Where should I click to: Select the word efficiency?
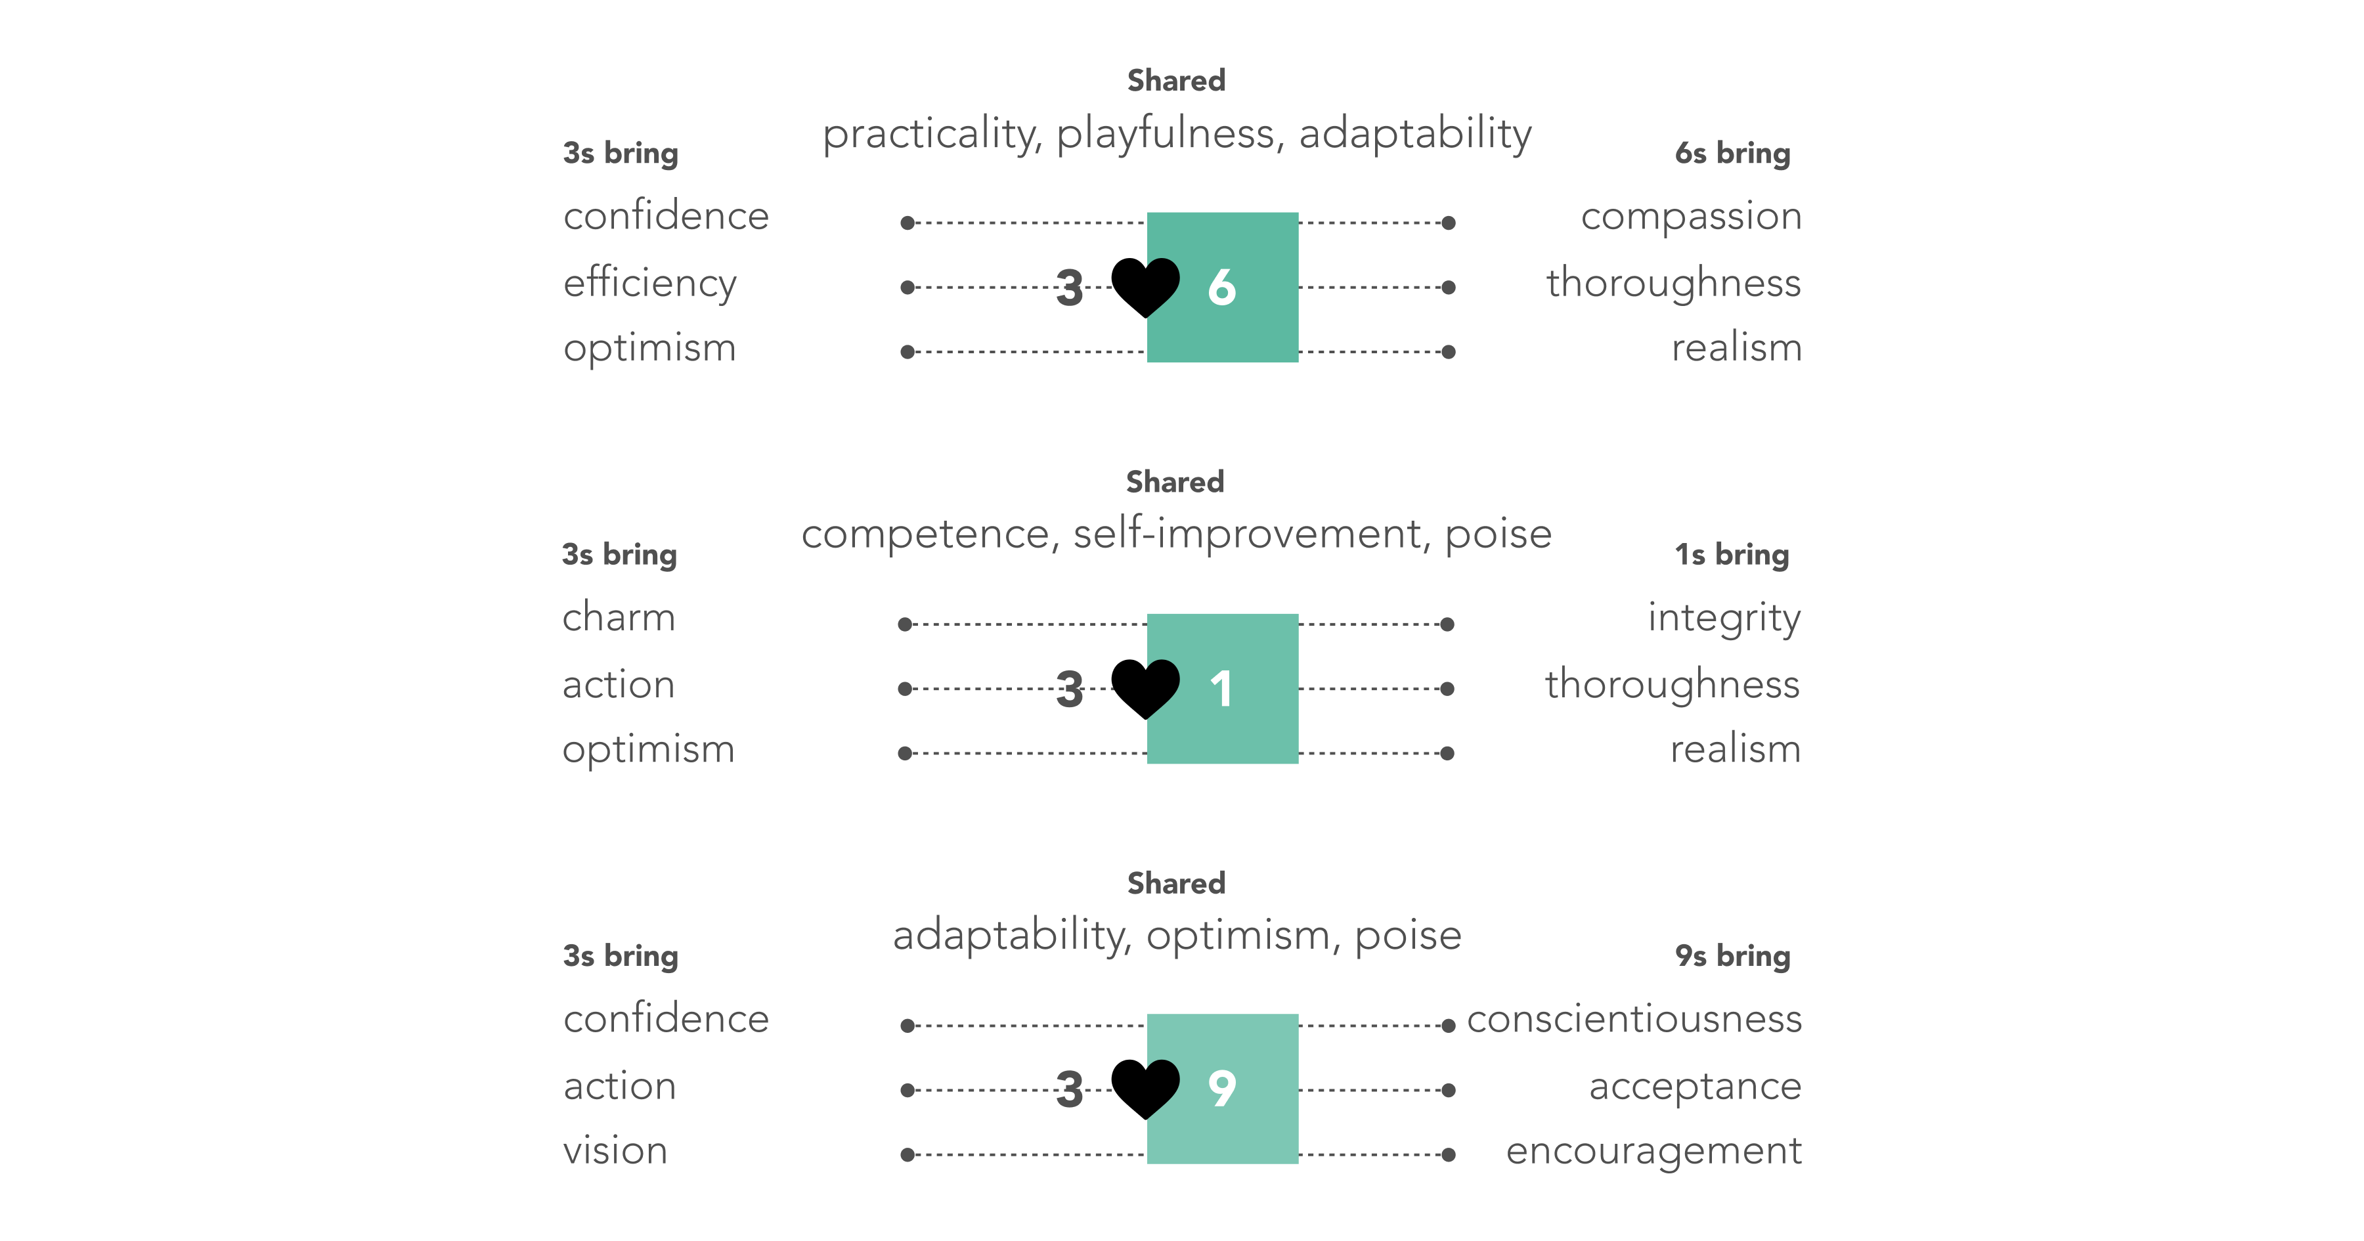(x=649, y=284)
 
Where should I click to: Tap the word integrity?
(x=1724, y=619)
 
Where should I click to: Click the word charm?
(x=619, y=617)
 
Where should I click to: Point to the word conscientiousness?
(x=1634, y=1019)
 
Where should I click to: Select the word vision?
(x=615, y=1150)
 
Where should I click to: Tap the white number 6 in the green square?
(x=1221, y=288)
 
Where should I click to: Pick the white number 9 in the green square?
(x=1221, y=1089)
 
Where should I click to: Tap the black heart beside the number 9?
(x=1145, y=1089)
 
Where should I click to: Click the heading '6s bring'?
(x=1733, y=153)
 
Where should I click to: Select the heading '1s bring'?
(x=1732, y=554)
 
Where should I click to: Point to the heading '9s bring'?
(x=1733, y=955)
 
